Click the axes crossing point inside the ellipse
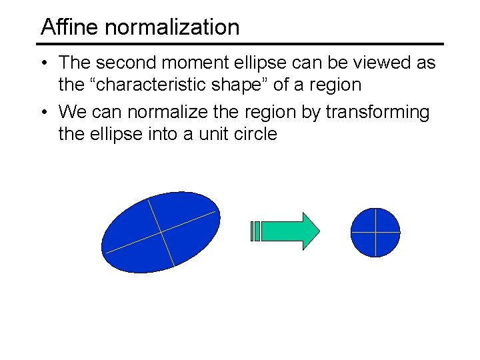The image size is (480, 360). (x=161, y=231)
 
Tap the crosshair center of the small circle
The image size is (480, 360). (x=376, y=233)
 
